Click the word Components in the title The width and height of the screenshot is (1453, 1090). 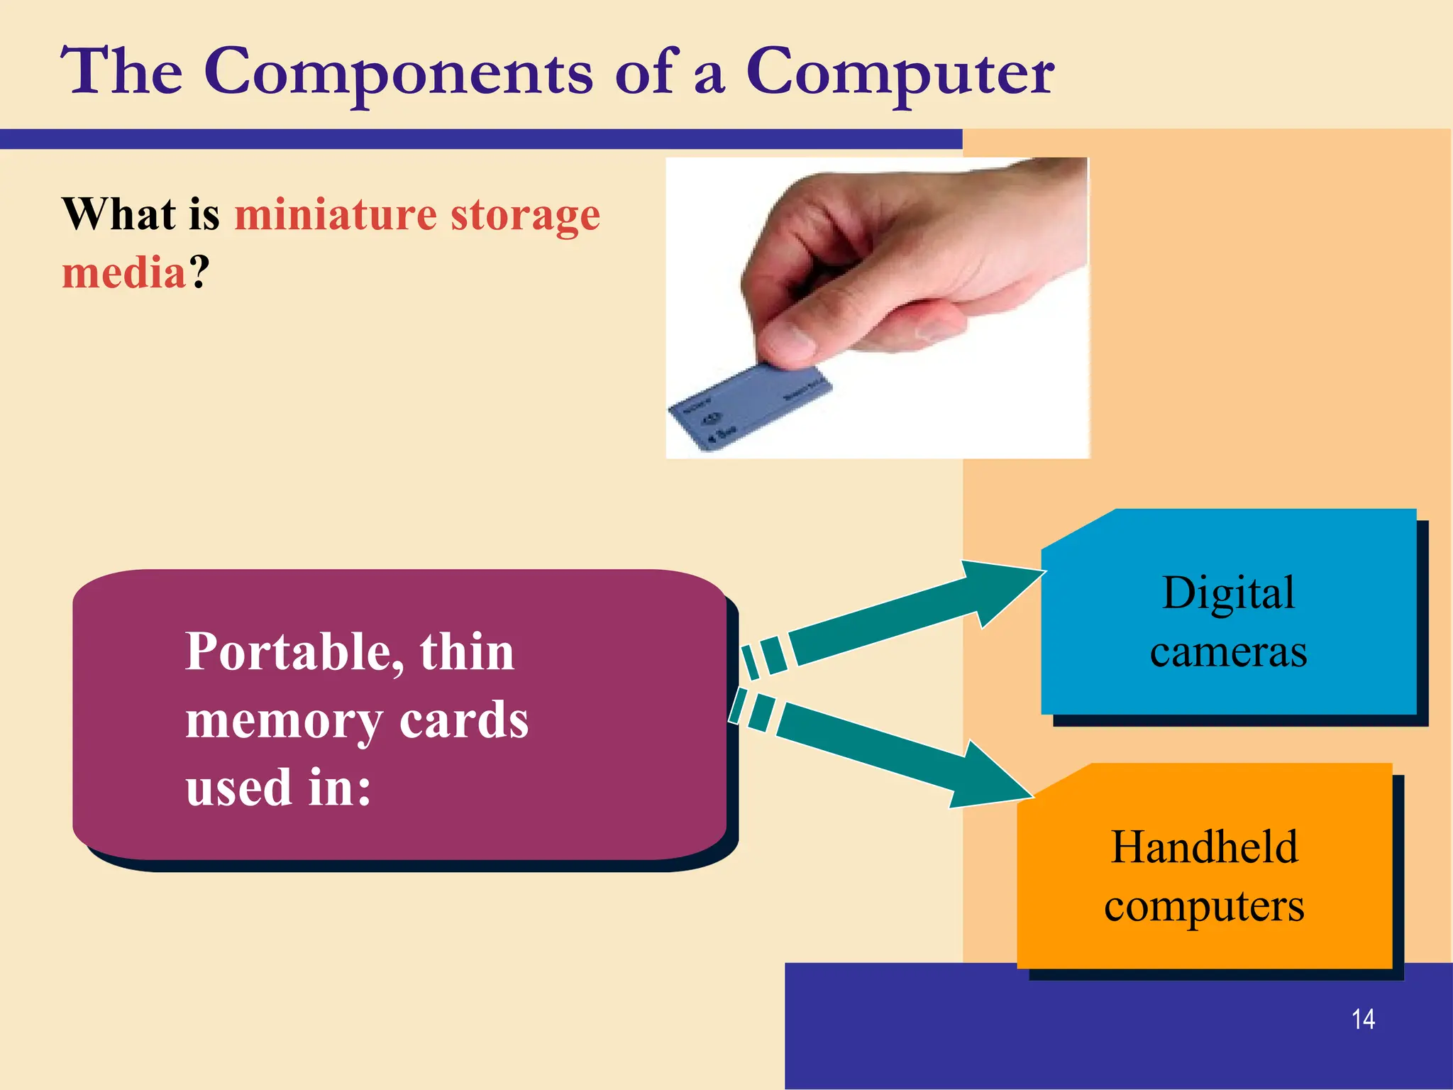tap(397, 72)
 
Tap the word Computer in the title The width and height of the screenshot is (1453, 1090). tap(900, 72)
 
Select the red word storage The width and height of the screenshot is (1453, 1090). tap(525, 216)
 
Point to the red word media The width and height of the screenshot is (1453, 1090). tap(124, 272)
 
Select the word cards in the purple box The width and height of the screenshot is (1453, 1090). tap(464, 720)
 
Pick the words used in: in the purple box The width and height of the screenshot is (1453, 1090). tap(278, 787)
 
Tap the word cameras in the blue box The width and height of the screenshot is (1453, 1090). tap(1228, 651)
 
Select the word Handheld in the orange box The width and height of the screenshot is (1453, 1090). tap(1204, 847)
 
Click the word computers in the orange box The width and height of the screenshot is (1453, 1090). tap(1204, 906)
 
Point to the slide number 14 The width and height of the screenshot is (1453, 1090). tap(1363, 1019)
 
